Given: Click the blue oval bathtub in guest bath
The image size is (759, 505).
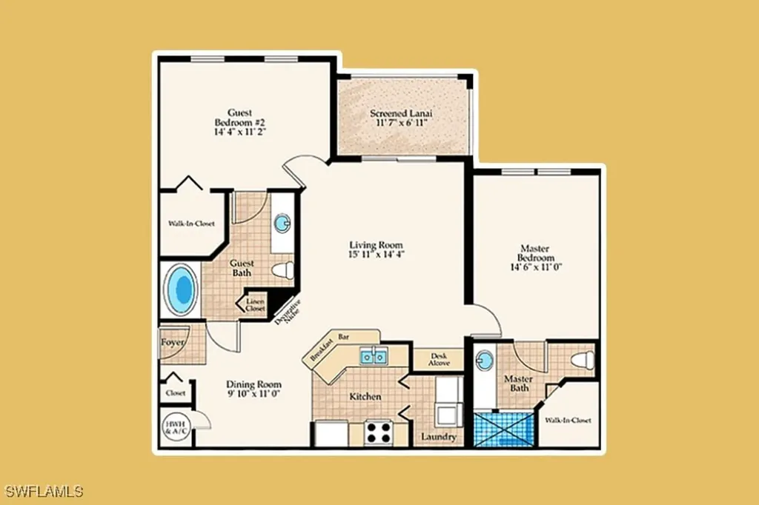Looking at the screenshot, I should (180, 290).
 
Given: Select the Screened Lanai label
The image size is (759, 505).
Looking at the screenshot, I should (401, 114).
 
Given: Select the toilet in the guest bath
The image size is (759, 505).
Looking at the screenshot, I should (282, 271).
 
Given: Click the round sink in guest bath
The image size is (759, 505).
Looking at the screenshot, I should (282, 223).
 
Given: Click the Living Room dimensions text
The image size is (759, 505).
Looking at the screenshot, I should (377, 254).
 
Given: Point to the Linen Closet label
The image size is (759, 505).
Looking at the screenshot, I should (255, 305).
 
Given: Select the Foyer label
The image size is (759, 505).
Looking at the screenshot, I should (172, 342).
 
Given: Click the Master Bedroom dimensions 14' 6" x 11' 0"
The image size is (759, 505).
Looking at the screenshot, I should (536, 268).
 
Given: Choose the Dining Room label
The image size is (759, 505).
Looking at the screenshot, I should (253, 384).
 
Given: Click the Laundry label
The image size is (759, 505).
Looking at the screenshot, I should (438, 437).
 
